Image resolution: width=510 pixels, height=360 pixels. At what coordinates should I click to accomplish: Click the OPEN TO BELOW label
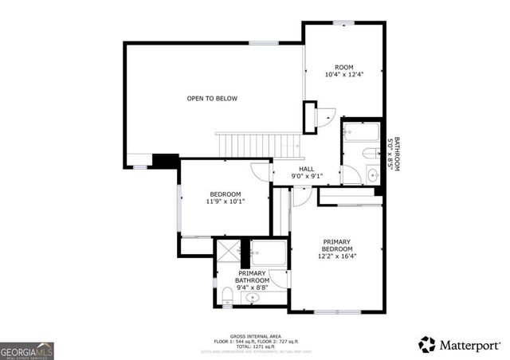212,99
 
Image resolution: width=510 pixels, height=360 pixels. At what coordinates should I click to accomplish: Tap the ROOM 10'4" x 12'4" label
343,71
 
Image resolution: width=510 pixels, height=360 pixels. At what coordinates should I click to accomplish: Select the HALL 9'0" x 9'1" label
307,172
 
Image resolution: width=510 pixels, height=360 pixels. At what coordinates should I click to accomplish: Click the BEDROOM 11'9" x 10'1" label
226,198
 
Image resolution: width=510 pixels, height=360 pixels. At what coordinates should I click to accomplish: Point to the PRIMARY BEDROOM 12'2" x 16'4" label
338,248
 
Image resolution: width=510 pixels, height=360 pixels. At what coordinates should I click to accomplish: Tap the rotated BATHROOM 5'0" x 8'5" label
393,153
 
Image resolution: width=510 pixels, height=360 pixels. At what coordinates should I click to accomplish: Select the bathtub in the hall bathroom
363,131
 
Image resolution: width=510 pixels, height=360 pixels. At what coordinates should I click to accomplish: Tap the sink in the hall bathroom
372,174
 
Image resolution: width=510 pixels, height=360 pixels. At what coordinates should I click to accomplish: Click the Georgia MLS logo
25,350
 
